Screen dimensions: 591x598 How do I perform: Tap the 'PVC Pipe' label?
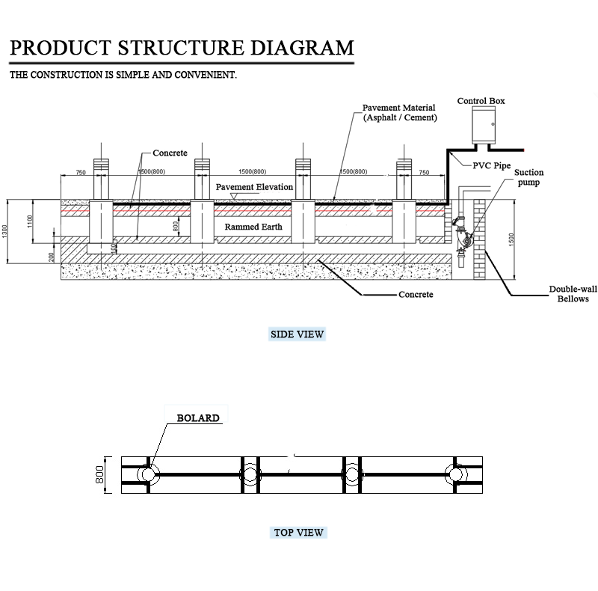tap(491, 166)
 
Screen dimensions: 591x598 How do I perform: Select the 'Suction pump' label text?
tap(528, 177)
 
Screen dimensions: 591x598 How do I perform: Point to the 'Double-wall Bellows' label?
tap(569, 294)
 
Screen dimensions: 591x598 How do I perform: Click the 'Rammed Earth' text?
tap(253, 226)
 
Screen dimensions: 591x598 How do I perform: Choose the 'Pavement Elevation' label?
tap(254, 186)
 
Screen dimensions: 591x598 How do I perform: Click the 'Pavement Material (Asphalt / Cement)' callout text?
tap(399, 113)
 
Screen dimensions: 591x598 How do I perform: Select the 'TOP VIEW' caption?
tap(299, 533)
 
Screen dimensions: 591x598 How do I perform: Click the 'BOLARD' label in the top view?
tap(198, 418)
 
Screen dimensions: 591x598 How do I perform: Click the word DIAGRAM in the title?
tap(302, 49)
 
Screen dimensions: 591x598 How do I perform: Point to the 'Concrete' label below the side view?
tap(415, 295)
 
